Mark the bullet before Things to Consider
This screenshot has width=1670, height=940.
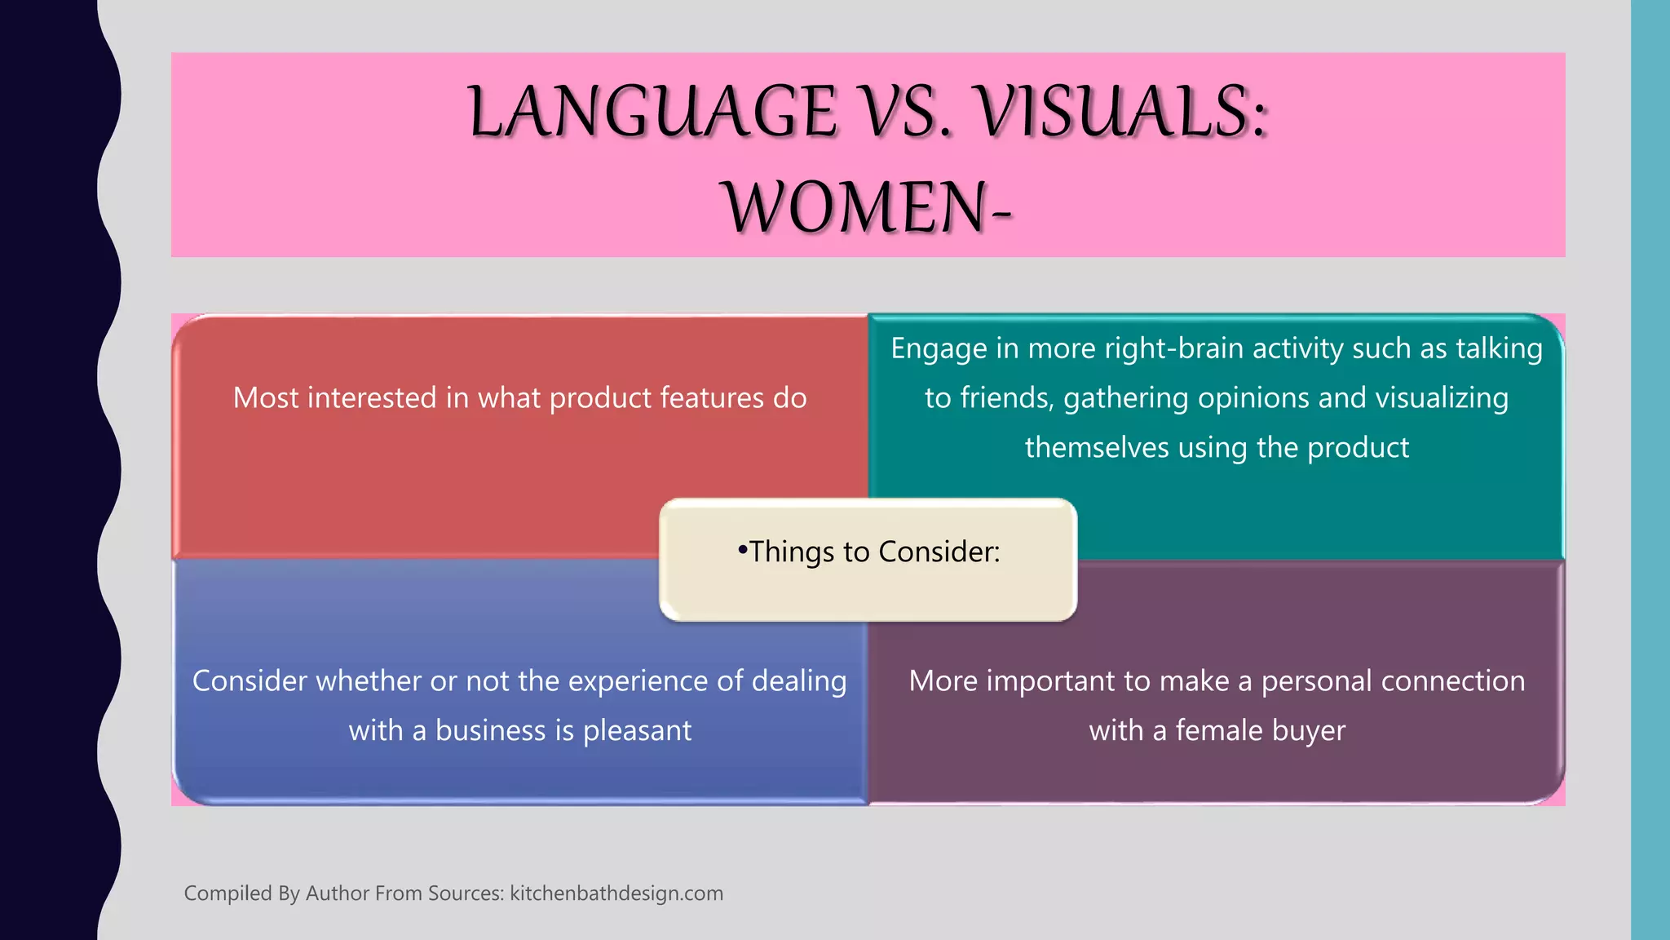pos(742,551)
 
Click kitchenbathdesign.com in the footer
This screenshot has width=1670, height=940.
pos(616,893)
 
